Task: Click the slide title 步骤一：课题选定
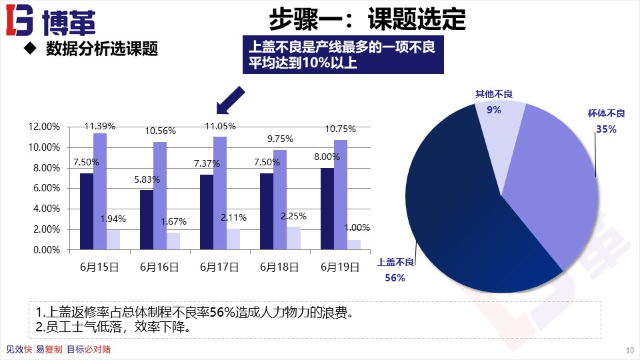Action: pos(367,19)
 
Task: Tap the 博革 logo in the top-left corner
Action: pos(51,22)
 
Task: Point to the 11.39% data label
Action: pos(100,125)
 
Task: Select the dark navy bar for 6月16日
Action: pos(147,219)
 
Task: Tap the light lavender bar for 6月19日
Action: pos(353,244)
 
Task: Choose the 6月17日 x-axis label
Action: pos(219,267)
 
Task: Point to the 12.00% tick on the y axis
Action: pos(45,127)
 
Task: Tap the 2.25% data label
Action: pos(293,216)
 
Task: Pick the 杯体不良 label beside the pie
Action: pos(606,113)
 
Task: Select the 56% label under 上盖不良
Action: pos(395,277)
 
